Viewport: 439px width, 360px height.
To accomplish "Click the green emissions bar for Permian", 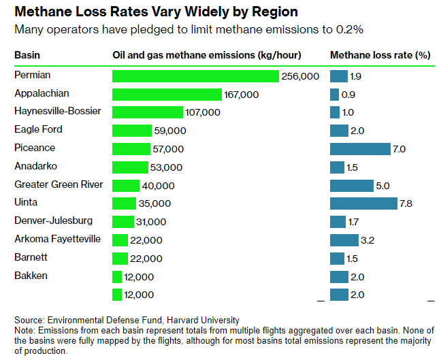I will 195,76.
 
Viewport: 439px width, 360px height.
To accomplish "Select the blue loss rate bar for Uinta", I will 363,203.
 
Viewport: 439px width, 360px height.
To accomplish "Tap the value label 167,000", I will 242,95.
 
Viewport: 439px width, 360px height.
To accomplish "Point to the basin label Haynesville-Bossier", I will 58,111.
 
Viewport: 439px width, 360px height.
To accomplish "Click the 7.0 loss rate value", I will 400,148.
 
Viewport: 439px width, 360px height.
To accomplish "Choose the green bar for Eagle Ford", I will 132,130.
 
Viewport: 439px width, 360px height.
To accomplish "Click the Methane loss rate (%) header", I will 380,55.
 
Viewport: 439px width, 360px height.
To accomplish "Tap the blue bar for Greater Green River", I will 351,185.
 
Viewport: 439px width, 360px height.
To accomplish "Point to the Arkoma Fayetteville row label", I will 58,239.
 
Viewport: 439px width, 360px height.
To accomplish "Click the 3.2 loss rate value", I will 368,240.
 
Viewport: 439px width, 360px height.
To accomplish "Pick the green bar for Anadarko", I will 130,167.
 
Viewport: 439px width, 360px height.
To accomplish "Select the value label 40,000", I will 158,186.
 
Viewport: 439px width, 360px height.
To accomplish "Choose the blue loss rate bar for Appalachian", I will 334,95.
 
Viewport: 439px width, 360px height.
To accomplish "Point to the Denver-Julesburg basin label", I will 54,220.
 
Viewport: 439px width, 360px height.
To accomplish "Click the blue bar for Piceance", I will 360,148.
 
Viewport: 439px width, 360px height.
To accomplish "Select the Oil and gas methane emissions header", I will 206,55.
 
